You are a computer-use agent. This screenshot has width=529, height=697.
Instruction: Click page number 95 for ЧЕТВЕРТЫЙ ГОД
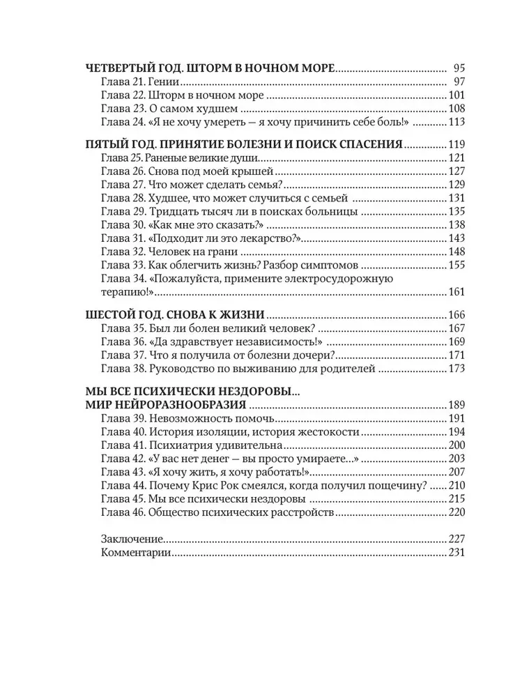(458, 68)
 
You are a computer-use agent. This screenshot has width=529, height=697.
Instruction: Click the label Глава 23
(123, 109)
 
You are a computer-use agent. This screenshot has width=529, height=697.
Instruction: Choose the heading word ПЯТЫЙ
(109, 144)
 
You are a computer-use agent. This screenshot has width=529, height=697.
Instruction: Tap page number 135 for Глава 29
(456, 211)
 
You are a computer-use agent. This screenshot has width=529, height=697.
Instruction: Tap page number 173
(456, 368)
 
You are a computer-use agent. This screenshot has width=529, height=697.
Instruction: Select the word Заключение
(132, 539)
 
